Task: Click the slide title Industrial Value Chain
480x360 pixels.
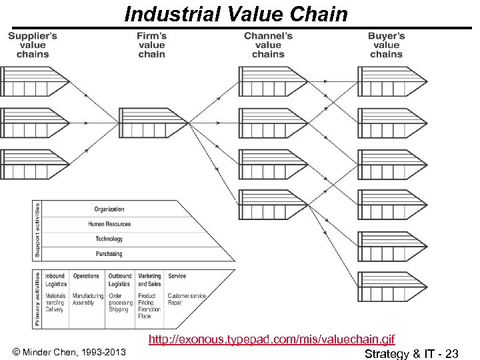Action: click(x=236, y=14)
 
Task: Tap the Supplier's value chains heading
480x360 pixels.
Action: click(x=33, y=45)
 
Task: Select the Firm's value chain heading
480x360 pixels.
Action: click(x=151, y=45)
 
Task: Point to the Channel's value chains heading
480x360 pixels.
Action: click(x=268, y=45)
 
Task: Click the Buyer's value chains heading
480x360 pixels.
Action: click(x=386, y=45)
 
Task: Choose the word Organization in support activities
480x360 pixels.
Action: click(x=109, y=209)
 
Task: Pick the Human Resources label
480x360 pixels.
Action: click(x=109, y=224)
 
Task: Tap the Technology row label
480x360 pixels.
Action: click(x=109, y=239)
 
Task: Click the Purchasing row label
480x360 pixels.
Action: click(x=109, y=253)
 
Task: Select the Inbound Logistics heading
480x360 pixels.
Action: click(x=55, y=279)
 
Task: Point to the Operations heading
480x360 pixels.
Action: click(x=86, y=276)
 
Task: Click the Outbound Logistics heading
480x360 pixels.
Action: click(x=119, y=279)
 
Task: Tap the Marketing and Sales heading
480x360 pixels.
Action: click(x=149, y=279)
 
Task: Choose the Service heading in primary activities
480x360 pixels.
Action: click(x=177, y=276)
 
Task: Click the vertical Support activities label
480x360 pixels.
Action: click(x=37, y=230)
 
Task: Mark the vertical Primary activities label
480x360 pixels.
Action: click(x=37, y=298)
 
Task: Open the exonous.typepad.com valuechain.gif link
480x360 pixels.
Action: click(x=276, y=340)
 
